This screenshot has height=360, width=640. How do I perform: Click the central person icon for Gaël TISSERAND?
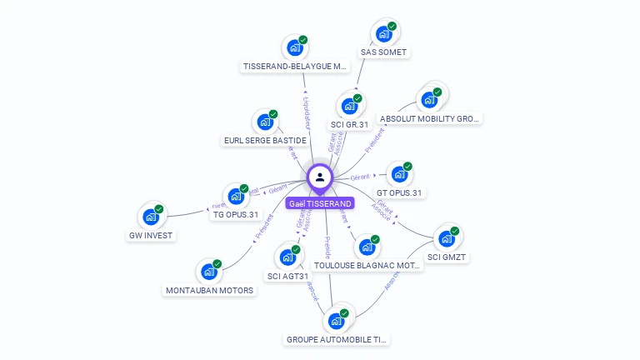click(x=320, y=177)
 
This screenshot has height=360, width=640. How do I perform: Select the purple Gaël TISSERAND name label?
click(x=320, y=203)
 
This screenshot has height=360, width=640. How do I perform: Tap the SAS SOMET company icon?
click(x=383, y=34)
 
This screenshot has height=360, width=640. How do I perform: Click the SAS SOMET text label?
click(x=383, y=52)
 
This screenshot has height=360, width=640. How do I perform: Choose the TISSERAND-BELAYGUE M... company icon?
click(x=294, y=48)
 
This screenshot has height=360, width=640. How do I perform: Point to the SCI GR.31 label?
click(x=349, y=125)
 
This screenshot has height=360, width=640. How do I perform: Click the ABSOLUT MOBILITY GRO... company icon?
click(x=429, y=100)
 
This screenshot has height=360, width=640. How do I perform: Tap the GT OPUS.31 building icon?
click(x=400, y=175)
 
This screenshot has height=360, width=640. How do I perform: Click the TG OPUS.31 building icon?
click(x=236, y=197)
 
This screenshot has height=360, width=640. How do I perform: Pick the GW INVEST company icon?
click(x=151, y=217)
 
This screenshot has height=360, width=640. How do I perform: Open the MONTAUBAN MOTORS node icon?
click(x=208, y=272)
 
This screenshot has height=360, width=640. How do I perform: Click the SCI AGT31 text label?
click(x=288, y=276)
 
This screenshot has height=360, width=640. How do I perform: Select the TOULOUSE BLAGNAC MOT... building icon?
click(x=367, y=247)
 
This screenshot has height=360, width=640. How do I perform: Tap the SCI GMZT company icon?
click(x=447, y=239)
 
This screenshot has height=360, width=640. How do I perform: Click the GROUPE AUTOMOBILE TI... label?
click(x=337, y=339)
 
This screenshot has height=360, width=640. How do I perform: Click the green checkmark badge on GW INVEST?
click(x=159, y=209)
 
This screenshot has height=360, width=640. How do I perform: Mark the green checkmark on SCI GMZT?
click(x=455, y=231)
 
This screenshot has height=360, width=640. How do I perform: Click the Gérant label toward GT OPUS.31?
click(x=360, y=177)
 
